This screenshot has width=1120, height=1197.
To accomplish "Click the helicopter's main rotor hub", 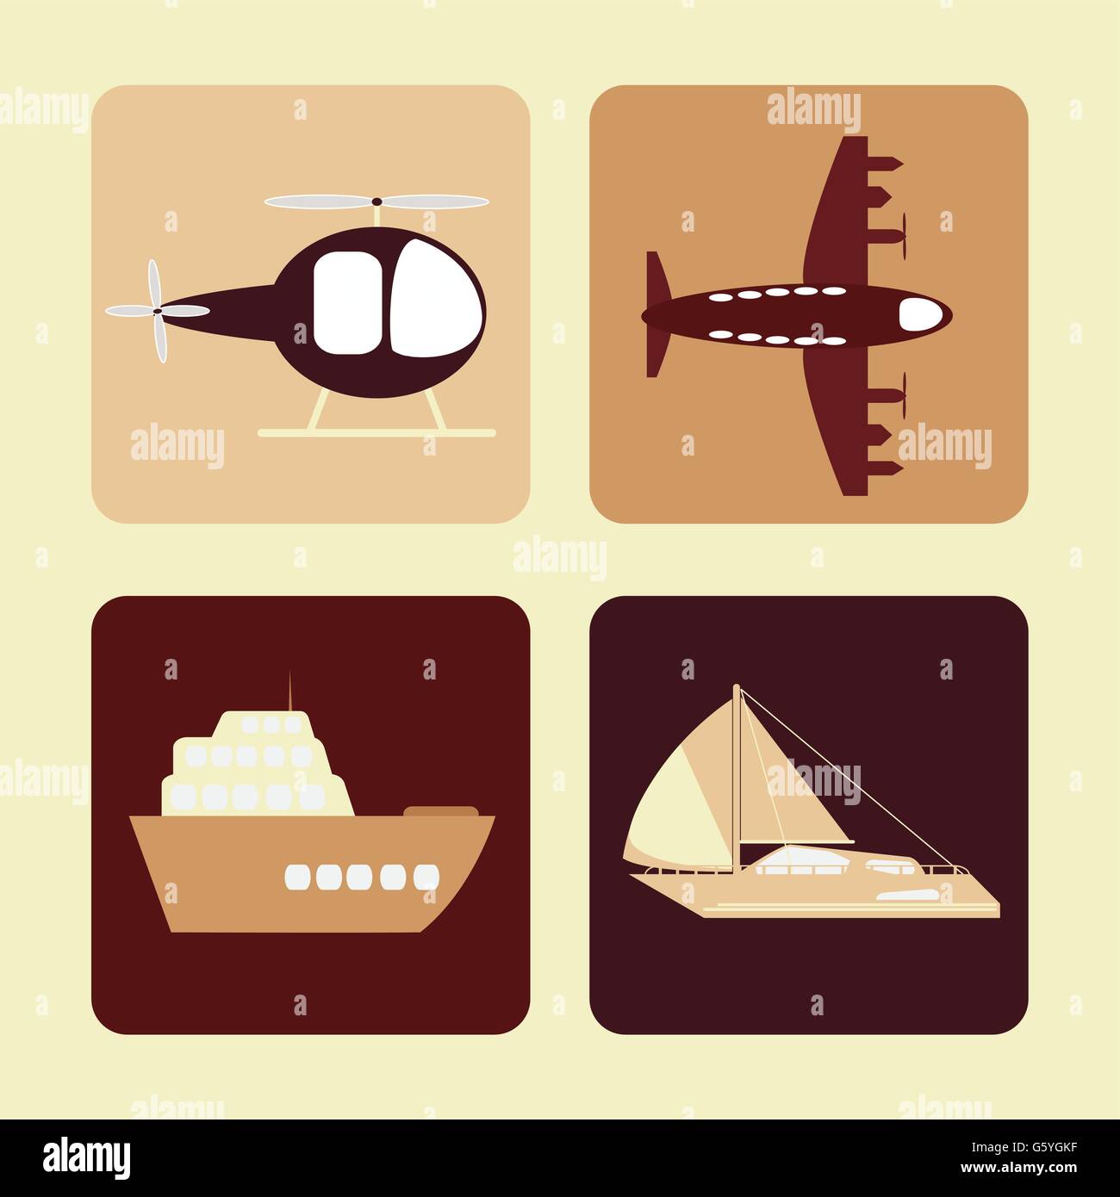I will pos(376,202).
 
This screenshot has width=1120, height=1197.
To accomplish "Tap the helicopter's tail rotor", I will pos(156,311).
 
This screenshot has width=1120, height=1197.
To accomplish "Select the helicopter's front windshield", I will pos(435,297).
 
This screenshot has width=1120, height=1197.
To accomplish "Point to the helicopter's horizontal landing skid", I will pos(376,433).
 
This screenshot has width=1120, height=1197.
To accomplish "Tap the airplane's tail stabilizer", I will pos(656,314).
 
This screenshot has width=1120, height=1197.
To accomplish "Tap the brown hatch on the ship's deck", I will pos(439,811).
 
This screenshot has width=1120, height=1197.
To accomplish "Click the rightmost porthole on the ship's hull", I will pos(426,877).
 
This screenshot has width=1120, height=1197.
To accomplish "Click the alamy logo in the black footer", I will pos(87,1157).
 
